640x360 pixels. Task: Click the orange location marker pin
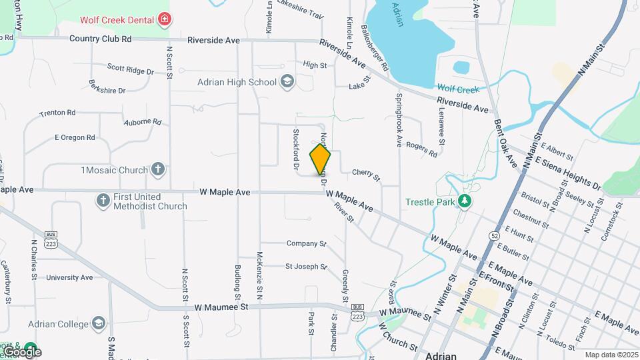pyautogui.click(x=320, y=159)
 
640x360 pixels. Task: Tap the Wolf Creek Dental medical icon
pyautogui.click(x=163, y=20)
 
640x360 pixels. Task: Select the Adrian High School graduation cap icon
pyautogui.click(x=287, y=82)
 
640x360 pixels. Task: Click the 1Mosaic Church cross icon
pyautogui.click(x=157, y=169)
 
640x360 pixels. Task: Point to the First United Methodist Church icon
pyautogui.click(x=103, y=200)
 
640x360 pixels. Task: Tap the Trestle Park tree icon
pyautogui.click(x=465, y=201)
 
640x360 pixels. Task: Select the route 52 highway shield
pyautogui.click(x=494, y=235)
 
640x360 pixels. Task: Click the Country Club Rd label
pyautogui.click(x=101, y=39)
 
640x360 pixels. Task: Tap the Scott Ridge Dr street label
pyautogui.click(x=131, y=69)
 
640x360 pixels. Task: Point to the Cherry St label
pyautogui.click(x=366, y=174)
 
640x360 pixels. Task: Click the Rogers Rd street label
pyautogui.click(x=421, y=149)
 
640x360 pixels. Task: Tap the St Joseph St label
pyautogui.click(x=306, y=267)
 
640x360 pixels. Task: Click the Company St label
pyautogui.click(x=306, y=244)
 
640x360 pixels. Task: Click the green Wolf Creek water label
pyautogui.click(x=458, y=89)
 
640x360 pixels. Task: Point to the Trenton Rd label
pyautogui.click(x=57, y=113)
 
